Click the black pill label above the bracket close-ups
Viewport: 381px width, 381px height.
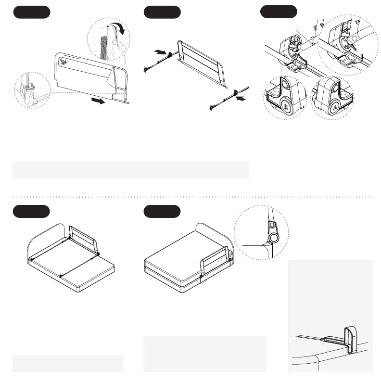[278, 12]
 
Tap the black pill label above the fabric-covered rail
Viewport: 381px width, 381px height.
[31, 12]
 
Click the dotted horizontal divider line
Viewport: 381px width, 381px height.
[192, 197]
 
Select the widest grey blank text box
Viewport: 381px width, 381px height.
[130, 170]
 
